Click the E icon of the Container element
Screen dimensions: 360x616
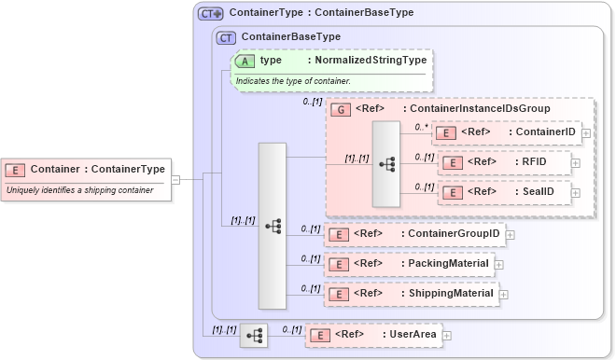tap(16, 169)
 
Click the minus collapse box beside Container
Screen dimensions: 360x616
tap(175, 179)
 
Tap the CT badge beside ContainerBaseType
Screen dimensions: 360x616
tap(226, 37)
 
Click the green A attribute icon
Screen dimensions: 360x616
tap(245, 60)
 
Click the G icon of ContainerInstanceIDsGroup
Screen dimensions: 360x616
tap(342, 109)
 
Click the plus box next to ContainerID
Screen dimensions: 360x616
tap(585, 133)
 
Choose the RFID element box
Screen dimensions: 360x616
tap(504, 162)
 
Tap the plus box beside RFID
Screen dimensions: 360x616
tap(575, 163)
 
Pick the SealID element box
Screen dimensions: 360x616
tap(504, 191)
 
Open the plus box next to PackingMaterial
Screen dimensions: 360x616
tap(499, 264)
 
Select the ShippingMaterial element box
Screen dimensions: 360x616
tap(411, 294)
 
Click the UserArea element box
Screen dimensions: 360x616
tap(373, 334)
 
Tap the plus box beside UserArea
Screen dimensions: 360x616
tap(447, 335)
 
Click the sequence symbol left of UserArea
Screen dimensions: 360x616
tap(254, 334)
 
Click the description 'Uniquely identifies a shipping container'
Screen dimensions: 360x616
tap(80, 190)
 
